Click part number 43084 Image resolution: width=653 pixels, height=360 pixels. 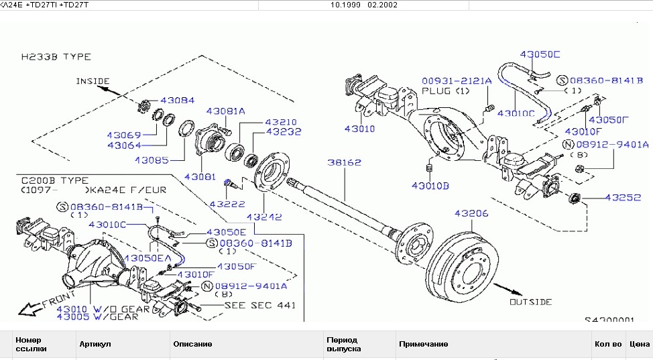176,101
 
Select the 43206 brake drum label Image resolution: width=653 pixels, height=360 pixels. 471,213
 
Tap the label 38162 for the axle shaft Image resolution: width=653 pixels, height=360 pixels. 344,162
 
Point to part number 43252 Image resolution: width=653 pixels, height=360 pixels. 624,198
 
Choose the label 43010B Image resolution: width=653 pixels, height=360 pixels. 430,184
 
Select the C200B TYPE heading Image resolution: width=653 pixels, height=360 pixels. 54,181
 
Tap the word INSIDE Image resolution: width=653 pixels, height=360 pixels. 93,81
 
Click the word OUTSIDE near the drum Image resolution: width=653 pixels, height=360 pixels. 530,302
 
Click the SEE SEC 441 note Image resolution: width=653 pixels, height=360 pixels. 259,305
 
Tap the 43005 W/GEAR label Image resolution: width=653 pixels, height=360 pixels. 97,316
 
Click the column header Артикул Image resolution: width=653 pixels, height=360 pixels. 95,344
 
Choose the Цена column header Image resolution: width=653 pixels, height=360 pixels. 640,344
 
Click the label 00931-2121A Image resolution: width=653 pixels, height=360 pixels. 457,80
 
